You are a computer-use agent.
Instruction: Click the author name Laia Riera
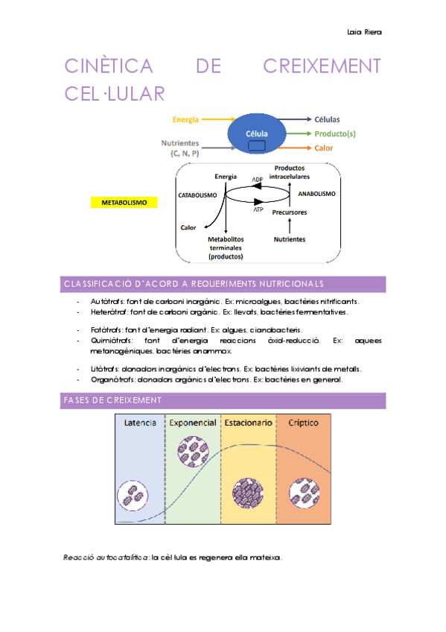[364, 32]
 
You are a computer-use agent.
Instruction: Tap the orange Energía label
[185, 119]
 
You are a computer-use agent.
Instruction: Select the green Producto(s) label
[334, 134]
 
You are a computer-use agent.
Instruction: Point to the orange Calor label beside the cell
[323, 148]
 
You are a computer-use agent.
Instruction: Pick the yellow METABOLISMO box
[124, 203]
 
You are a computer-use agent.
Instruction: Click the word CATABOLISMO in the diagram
[197, 195]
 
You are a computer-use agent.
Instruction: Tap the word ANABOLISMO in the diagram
[316, 194]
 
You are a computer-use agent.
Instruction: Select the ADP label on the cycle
[257, 180]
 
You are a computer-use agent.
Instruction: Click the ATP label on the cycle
[258, 210]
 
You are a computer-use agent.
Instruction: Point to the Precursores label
[289, 212]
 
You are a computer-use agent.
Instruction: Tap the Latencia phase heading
[140, 423]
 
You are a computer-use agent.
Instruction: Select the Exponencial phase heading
[193, 423]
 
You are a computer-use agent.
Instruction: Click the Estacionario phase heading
[248, 423]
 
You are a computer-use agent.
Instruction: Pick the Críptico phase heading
[303, 423]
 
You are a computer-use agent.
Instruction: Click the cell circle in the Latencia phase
[133, 494]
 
